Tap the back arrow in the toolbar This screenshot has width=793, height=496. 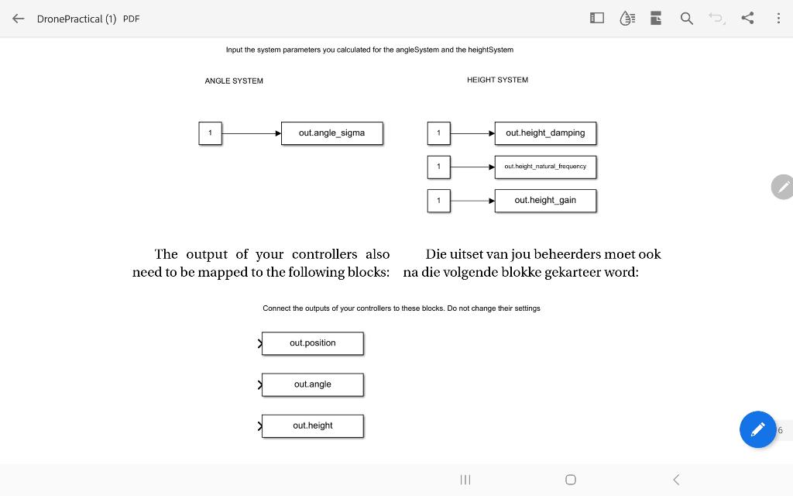[19, 19]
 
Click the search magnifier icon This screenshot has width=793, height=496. [686, 19]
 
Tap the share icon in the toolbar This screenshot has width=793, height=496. [747, 18]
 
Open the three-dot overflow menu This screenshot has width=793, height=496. [778, 18]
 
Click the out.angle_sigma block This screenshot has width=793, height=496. [331, 133]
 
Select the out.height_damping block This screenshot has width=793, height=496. [545, 133]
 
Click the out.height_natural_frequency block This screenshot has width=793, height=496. [545, 167]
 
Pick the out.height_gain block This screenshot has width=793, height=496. [545, 201]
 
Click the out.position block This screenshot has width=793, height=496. [313, 343]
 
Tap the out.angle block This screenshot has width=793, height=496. [313, 384]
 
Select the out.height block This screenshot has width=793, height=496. [313, 425]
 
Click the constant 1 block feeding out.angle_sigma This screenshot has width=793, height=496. [210, 133]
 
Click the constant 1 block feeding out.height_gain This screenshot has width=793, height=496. [438, 201]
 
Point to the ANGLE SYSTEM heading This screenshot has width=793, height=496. [234, 81]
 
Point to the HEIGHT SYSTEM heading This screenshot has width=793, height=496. [497, 80]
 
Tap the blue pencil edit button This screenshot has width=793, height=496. [757, 429]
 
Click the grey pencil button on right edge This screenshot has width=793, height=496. [783, 187]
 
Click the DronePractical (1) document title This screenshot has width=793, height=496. [76, 19]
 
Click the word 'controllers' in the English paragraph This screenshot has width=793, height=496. [324, 254]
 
